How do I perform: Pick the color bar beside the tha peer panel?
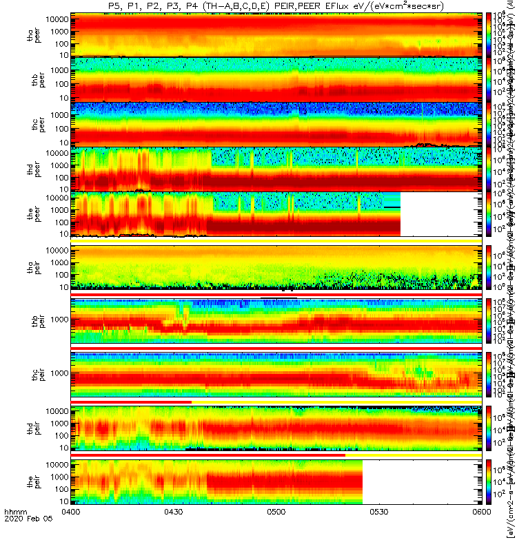click(x=489, y=34)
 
